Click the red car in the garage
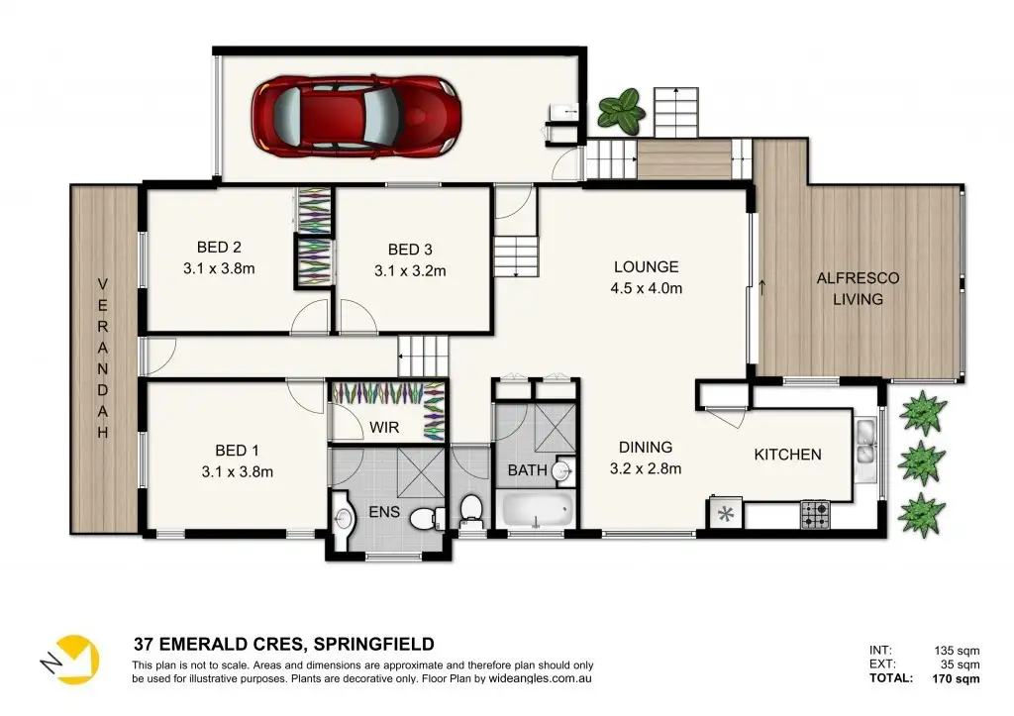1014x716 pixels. pyautogui.click(x=356, y=117)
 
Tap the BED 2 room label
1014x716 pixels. pyautogui.click(x=219, y=247)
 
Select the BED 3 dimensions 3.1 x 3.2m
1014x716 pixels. pyautogui.click(x=410, y=271)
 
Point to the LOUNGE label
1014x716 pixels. pyautogui.click(x=646, y=266)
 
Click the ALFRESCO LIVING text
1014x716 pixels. pyautogui.click(x=858, y=288)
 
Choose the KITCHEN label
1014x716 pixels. pyautogui.click(x=787, y=455)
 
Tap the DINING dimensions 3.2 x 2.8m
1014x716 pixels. pyautogui.click(x=646, y=468)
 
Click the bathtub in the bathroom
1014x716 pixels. pyautogui.click(x=538, y=510)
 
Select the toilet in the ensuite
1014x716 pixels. pyautogui.click(x=428, y=517)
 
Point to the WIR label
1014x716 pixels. pyautogui.click(x=384, y=428)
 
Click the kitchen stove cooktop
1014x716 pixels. pyautogui.click(x=816, y=515)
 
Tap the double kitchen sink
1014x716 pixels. pyautogui.click(x=865, y=441)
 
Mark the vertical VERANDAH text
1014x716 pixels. pyautogui.click(x=103, y=358)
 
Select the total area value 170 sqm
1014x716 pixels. pyautogui.click(x=956, y=679)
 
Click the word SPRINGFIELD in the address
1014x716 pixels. pyautogui.click(x=373, y=645)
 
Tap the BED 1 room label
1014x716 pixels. pyautogui.click(x=238, y=451)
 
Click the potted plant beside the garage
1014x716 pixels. pyautogui.click(x=621, y=108)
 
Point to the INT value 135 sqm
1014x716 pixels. pyautogui.click(x=957, y=651)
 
